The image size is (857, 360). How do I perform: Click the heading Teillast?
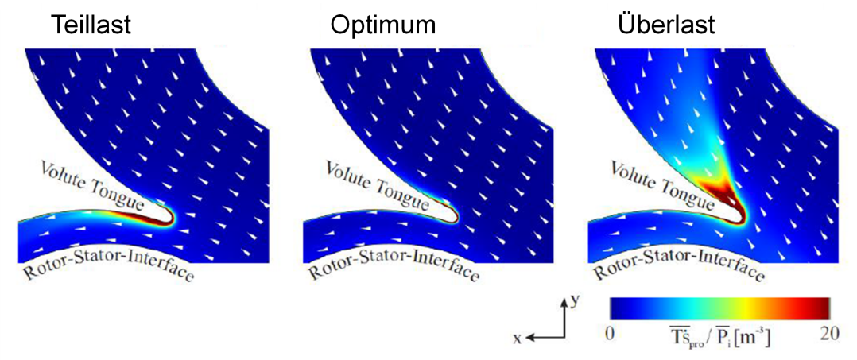click(91, 25)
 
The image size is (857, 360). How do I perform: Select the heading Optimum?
click(382, 25)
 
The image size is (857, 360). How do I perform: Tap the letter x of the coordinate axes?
click(518, 339)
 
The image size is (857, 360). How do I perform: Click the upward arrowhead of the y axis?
click(561, 300)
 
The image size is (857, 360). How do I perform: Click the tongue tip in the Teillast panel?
click(172, 217)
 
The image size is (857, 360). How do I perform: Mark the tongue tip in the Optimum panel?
click(456, 217)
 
